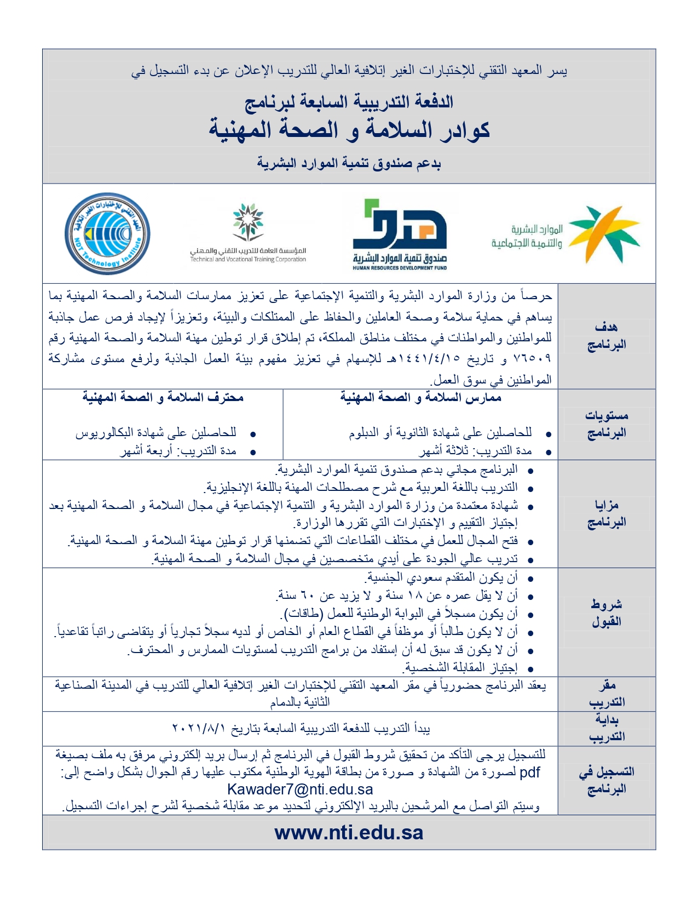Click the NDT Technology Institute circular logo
click(107, 233)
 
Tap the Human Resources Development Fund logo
click(400, 234)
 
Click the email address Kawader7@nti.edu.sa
click(300, 789)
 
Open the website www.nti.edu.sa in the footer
click(349, 833)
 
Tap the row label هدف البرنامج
click(606, 336)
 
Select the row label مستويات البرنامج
click(606, 424)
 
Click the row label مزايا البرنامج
click(606, 513)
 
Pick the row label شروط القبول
click(606, 613)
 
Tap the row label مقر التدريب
click(606, 694)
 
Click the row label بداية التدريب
click(606, 728)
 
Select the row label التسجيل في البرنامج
click(606, 780)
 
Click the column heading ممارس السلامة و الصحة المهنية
click(420, 397)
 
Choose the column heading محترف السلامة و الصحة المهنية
click(163, 397)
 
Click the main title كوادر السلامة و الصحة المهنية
click(349, 130)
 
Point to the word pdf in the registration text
click(529, 773)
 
